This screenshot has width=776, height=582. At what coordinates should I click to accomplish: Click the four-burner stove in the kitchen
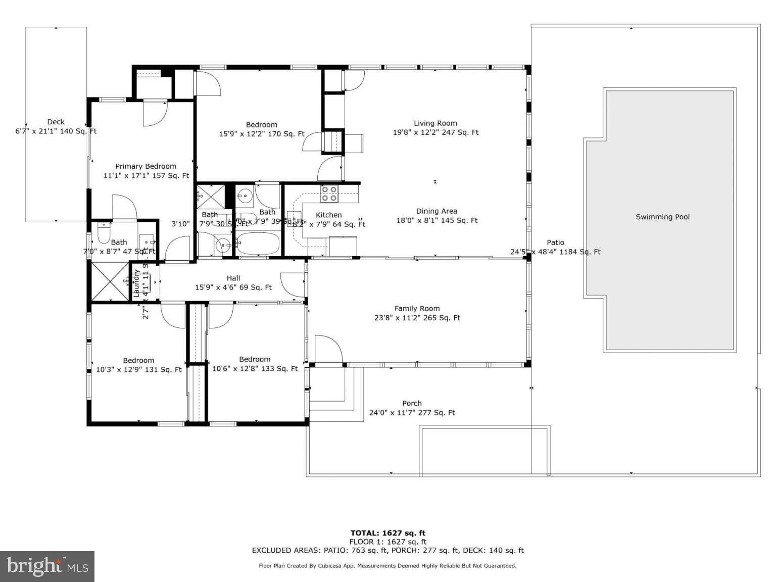(329, 193)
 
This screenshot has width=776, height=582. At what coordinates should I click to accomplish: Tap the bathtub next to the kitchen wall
(258, 244)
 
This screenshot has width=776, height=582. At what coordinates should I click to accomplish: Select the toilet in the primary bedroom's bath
(104, 234)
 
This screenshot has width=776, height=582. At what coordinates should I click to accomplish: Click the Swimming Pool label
(662, 217)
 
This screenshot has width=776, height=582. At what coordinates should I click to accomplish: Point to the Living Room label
(435, 123)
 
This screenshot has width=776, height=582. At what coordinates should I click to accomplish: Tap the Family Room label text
(417, 308)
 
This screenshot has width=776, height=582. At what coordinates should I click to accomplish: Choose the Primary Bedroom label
(145, 166)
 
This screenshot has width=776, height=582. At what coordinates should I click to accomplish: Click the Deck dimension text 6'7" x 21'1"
(56, 131)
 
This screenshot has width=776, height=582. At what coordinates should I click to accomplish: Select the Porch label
(412, 403)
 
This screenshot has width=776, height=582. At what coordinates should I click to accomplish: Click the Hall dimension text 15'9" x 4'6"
(233, 287)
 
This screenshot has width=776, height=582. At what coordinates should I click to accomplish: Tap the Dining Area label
(437, 211)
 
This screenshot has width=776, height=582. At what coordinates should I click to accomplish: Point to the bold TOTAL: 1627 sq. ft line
(387, 532)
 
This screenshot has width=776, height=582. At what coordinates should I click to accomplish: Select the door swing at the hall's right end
(292, 284)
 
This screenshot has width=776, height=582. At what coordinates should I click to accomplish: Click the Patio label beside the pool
(555, 243)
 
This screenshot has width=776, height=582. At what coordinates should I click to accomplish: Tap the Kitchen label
(329, 215)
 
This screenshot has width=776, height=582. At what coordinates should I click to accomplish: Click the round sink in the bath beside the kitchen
(245, 195)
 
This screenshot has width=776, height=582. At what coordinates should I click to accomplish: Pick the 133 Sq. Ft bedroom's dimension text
(255, 369)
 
